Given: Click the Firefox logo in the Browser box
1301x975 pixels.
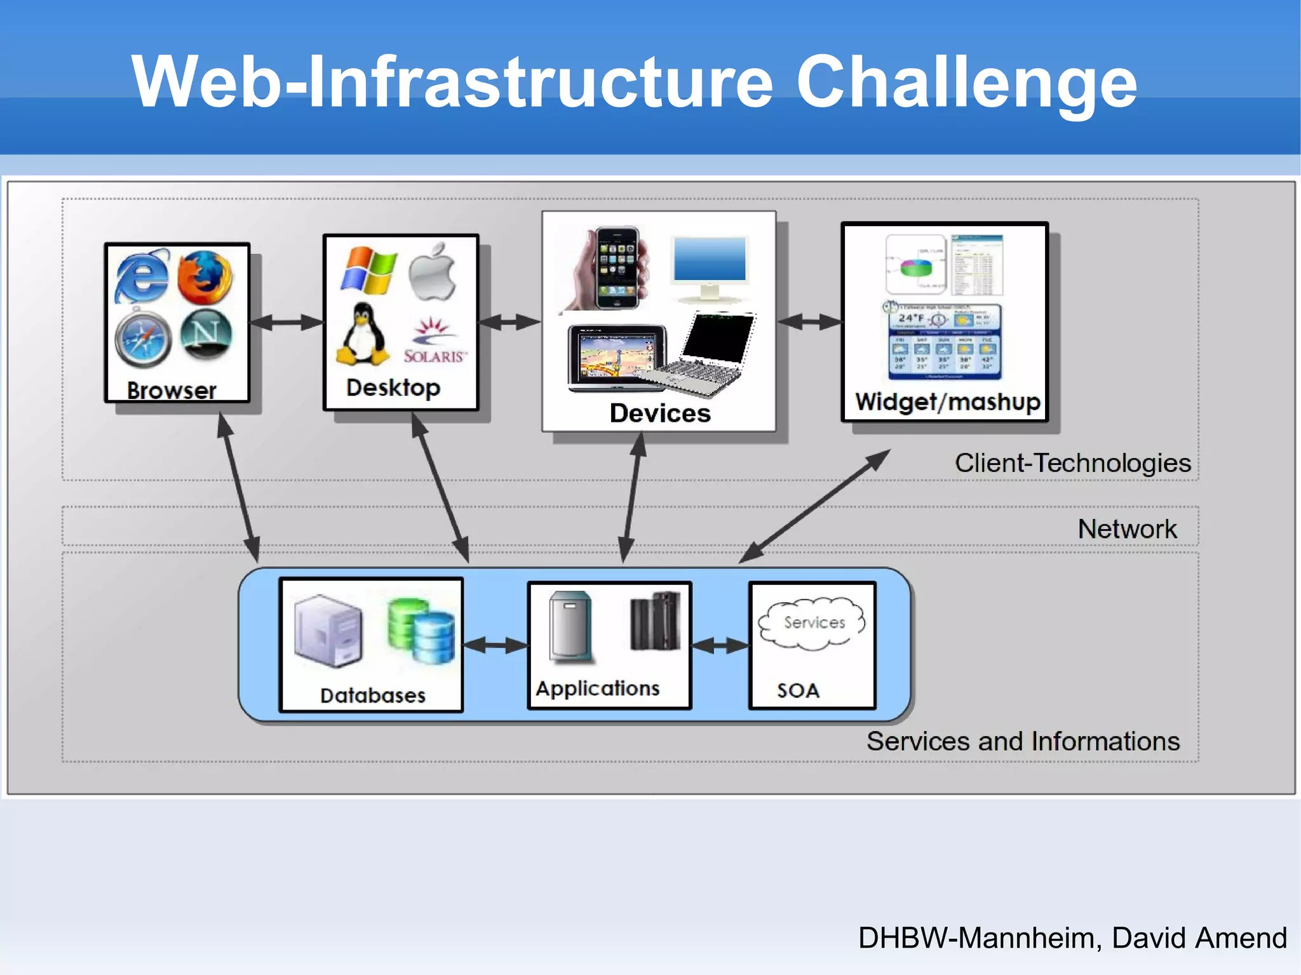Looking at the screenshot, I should click(x=205, y=278).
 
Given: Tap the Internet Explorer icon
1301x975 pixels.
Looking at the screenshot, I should click(x=142, y=277).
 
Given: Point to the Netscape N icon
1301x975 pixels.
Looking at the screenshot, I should click(x=206, y=334).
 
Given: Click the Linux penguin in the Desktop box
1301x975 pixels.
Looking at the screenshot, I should click(x=362, y=335).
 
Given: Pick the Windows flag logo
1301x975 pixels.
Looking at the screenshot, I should click(x=368, y=271).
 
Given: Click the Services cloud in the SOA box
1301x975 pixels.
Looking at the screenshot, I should click(x=812, y=623).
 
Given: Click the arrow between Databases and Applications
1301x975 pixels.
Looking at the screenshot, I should click(x=495, y=646).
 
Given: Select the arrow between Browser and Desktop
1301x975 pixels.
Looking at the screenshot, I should click(x=286, y=323).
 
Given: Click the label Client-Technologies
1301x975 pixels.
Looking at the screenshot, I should click(x=1072, y=463).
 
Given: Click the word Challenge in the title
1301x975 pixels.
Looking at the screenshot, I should click(x=966, y=83).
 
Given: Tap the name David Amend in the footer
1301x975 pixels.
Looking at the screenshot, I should click(x=1199, y=938).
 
